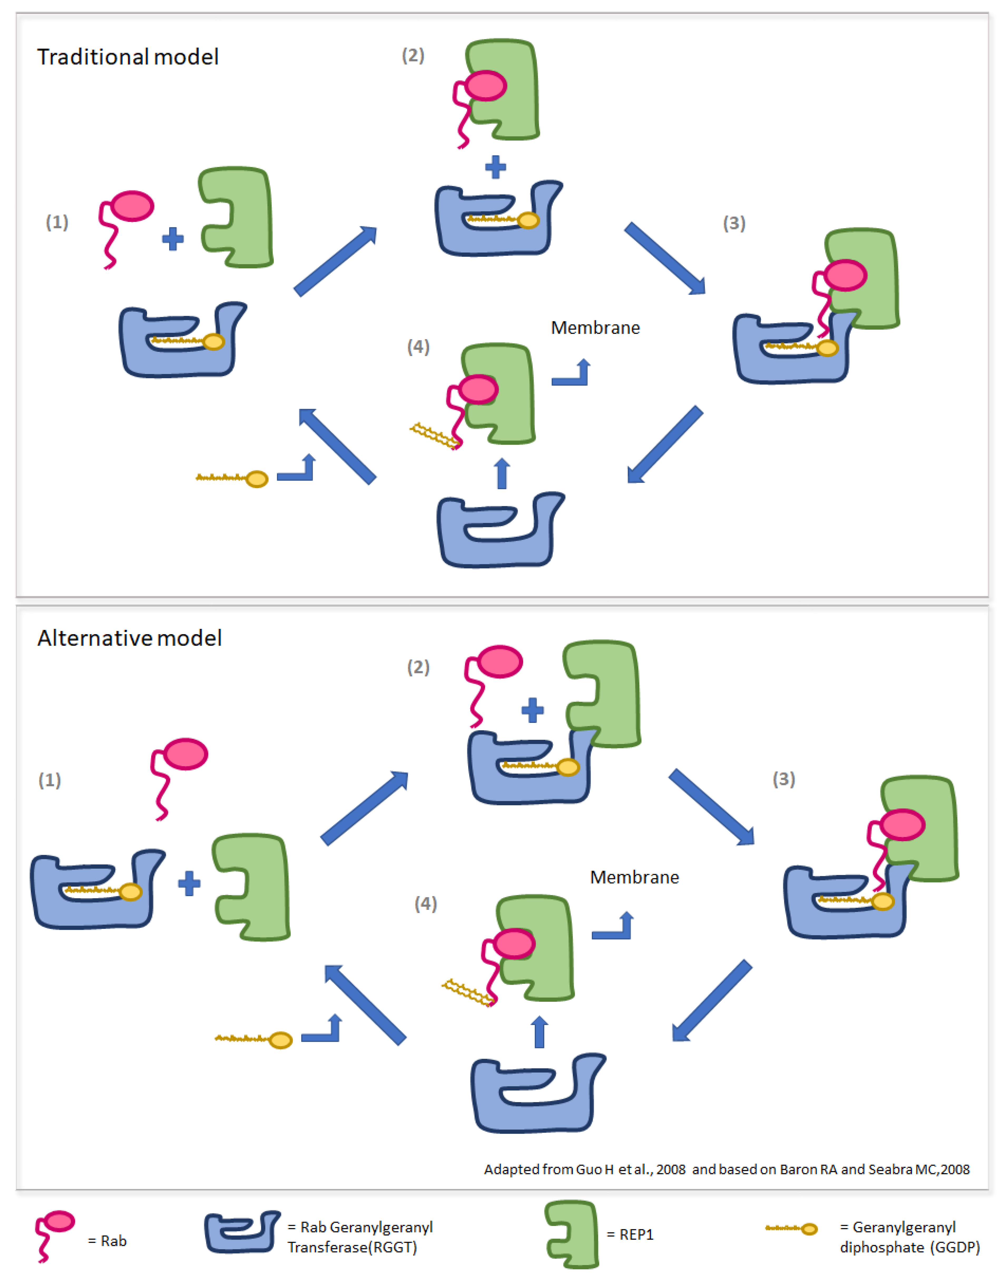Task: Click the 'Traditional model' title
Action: pyautogui.click(x=128, y=57)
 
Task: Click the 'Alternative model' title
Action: pyautogui.click(x=130, y=638)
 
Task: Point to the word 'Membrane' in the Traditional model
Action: pyautogui.click(x=595, y=328)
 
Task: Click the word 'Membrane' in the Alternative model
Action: pyautogui.click(x=634, y=878)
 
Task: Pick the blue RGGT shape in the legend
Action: pyautogui.click(x=242, y=1233)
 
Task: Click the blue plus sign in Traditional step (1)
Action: pyautogui.click(x=173, y=239)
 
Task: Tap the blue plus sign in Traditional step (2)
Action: pyautogui.click(x=495, y=167)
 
